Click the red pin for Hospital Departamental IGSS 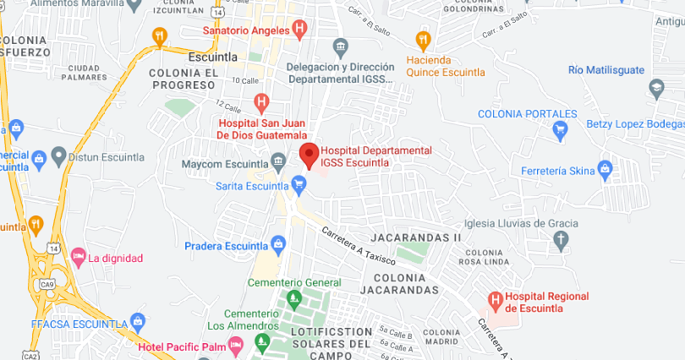point(310,155)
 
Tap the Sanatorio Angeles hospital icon point(299,30)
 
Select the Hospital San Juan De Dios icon point(261,103)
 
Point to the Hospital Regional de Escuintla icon point(495,299)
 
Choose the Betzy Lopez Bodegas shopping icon point(558,128)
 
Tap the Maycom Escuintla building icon point(278,162)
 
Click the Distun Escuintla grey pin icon point(58,155)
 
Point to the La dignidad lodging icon point(79,256)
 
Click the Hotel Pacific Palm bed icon point(236,344)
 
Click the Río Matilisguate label point(606,70)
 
